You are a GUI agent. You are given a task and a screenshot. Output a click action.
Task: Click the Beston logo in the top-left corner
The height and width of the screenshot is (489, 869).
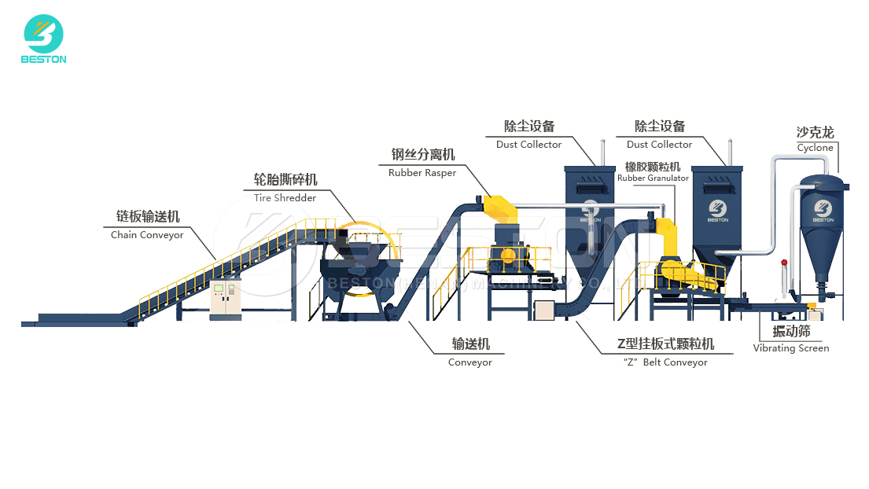(44, 39)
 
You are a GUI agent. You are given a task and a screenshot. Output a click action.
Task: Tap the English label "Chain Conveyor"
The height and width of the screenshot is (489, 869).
(147, 235)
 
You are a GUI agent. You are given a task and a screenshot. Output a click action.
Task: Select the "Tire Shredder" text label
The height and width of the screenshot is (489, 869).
(285, 198)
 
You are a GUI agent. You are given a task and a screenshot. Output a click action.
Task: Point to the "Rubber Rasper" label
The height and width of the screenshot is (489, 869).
(422, 173)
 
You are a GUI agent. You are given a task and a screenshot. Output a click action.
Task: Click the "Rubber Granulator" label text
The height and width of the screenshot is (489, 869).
(653, 178)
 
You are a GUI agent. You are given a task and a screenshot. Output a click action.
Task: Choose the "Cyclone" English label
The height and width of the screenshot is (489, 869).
(815, 148)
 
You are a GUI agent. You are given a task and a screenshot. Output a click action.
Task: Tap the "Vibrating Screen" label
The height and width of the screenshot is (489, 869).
(791, 348)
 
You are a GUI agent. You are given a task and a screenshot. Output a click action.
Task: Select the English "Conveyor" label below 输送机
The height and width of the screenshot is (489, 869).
(470, 362)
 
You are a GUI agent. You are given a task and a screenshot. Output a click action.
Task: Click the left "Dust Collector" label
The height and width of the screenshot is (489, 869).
(528, 145)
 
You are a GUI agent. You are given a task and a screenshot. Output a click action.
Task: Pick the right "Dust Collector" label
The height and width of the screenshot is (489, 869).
(659, 145)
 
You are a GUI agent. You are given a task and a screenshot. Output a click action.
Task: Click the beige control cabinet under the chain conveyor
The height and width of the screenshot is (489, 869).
(225, 299)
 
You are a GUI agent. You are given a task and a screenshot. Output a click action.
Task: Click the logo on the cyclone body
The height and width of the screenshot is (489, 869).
(823, 208)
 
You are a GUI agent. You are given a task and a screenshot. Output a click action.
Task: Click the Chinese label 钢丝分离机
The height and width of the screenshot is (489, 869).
(423, 155)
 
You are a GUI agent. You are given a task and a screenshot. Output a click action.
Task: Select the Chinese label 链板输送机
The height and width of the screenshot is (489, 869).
(148, 217)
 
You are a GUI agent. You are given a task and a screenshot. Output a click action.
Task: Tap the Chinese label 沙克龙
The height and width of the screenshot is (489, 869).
(816, 133)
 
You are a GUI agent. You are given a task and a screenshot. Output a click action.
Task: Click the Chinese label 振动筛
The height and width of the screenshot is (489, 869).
(791, 332)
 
